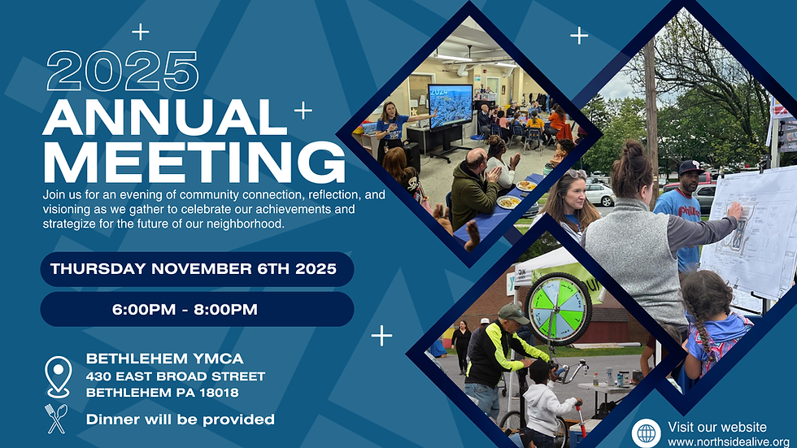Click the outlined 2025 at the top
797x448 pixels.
(123, 71)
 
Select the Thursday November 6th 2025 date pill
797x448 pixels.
(197, 269)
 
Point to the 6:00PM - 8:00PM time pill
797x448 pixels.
(197, 309)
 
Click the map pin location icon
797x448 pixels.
(58, 376)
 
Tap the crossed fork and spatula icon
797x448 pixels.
(57, 419)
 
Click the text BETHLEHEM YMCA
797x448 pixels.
(165, 359)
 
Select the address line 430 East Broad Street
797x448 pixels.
(176, 376)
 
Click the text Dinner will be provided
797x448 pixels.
(181, 420)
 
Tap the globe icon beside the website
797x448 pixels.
(647, 433)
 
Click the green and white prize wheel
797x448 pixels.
(560, 309)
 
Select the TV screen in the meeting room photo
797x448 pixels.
(451, 106)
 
